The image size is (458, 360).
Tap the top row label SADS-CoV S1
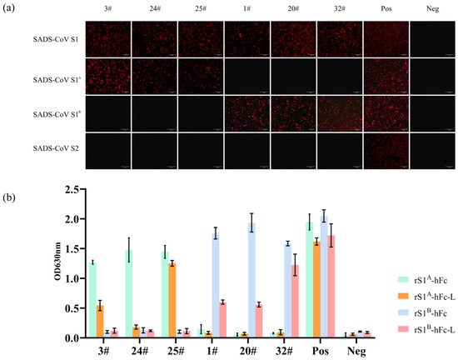[48, 38]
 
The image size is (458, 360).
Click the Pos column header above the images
[384, 8]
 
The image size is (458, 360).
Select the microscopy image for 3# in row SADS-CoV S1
[106, 38]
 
